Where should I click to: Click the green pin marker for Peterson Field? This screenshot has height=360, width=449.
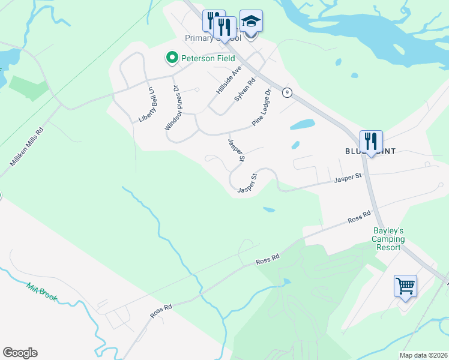[x=172, y=58]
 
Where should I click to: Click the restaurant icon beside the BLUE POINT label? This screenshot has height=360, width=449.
[x=371, y=142]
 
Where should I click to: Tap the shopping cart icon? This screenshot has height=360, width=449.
[x=405, y=286]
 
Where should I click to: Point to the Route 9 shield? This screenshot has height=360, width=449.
[x=288, y=92]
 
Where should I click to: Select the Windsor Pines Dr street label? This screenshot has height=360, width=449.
[x=172, y=108]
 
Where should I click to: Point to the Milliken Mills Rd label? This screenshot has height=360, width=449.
[x=26, y=147]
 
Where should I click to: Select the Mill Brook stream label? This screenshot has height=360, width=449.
[x=41, y=293]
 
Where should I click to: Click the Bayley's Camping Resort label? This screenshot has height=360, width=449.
[x=388, y=239]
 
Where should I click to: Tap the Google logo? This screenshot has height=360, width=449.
[x=20, y=353]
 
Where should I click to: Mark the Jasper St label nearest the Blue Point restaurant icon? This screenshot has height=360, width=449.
[x=349, y=177]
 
